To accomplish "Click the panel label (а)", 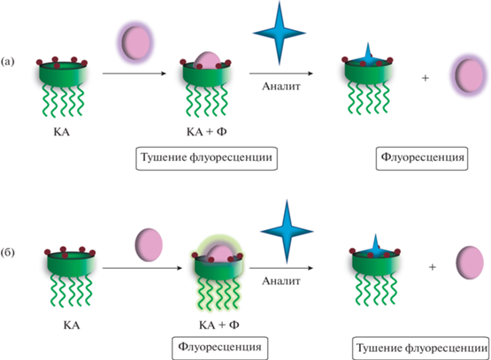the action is (x=7, y=62).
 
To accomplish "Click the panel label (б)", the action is (x=7, y=253).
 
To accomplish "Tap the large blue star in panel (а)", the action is (x=280, y=33).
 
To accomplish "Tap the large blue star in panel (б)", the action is (x=287, y=232).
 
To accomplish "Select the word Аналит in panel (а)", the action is (x=280, y=87).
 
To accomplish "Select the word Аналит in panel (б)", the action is (x=280, y=281).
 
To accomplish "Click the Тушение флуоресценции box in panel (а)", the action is (x=207, y=158).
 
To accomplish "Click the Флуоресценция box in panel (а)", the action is (x=422, y=158).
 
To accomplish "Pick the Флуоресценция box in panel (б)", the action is (x=219, y=349).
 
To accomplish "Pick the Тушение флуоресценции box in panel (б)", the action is (x=421, y=349).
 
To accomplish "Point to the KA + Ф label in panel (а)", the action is (x=207, y=132).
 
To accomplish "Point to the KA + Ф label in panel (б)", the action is (x=219, y=326).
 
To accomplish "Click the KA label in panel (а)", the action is (x=61, y=132).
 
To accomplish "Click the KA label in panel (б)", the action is (x=72, y=326).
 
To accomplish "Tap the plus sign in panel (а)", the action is (x=425, y=78).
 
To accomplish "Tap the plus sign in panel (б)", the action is (x=433, y=267).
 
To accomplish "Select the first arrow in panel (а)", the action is (x=134, y=73).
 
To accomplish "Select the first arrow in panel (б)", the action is (x=142, y=268).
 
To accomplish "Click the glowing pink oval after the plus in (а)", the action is (x=469, y=76).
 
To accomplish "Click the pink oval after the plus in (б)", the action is (x=470, y=263).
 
